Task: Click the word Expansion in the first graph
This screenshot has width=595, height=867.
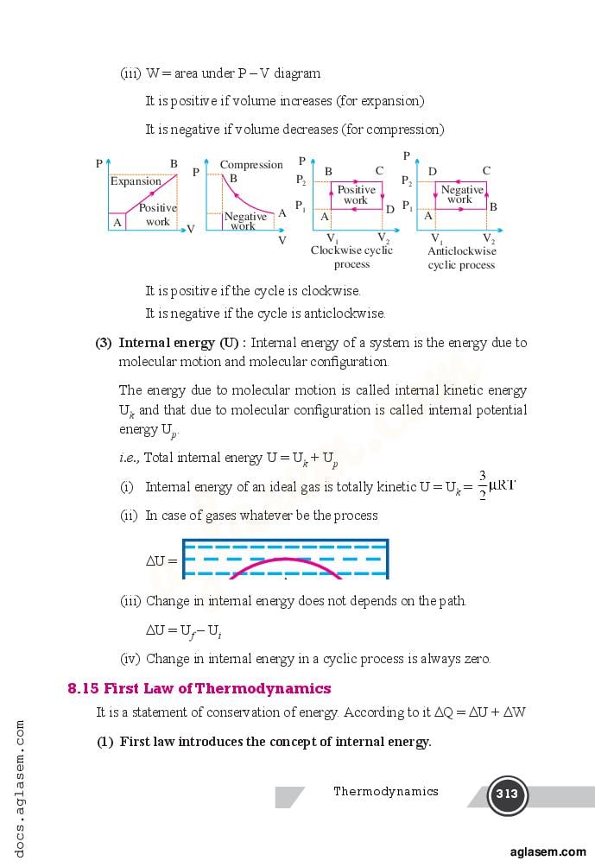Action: coord(136,181)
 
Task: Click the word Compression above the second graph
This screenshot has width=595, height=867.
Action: coord(251,165)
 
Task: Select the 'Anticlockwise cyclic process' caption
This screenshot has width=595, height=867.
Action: coord(462,257)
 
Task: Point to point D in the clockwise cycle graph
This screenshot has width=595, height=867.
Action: coord(389,210)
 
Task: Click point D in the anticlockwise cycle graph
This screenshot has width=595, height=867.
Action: coord(433,172)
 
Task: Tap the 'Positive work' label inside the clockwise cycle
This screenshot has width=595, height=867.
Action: coord(356,195)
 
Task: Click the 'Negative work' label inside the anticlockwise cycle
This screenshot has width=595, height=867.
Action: coord(462,194)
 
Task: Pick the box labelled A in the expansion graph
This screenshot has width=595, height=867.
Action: coord(117,222)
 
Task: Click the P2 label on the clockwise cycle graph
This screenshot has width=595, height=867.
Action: coord(301,181)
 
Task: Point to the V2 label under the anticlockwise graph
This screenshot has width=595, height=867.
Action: coord(489,239)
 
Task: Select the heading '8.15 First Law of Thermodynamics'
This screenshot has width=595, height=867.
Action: coord(199,688)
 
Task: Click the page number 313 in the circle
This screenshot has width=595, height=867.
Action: coord(507,794)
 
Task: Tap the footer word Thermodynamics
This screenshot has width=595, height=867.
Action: coord(386,791)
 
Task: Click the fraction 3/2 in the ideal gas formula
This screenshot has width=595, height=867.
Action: coord(482,486)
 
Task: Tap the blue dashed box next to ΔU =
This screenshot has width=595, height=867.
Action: coord(285,559)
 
